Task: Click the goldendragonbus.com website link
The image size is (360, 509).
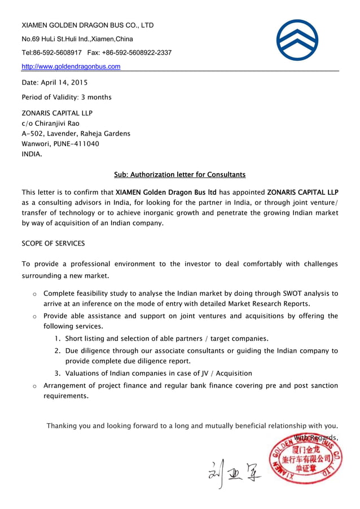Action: coord(71,67)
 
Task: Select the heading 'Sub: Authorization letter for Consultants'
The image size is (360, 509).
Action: coord(179,174)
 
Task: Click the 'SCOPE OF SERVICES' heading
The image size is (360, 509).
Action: coord(53,243)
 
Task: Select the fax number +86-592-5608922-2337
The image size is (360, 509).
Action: coord(137,53)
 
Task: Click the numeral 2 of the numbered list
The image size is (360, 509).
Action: coord(58,351)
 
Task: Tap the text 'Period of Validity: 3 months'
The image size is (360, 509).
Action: coord(67,97)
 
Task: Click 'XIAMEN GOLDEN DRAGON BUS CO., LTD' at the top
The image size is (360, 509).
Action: coord(87,25)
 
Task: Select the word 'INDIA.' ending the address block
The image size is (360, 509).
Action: coord(32,153)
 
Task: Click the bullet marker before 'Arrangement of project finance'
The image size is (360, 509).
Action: coord(34,387)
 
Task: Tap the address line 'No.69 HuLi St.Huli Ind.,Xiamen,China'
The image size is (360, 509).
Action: coord(77,39)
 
